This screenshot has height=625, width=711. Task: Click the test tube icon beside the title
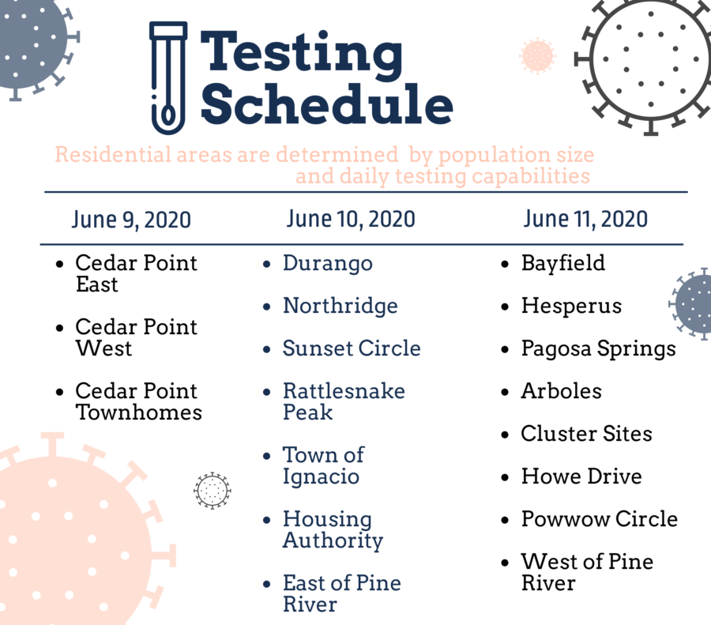click(x=168, y=77)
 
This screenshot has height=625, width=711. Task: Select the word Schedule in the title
click(x=327, y=104)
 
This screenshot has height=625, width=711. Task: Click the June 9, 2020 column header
click(x=131, y=220)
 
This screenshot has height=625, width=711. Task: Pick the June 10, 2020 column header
click(x=351, y=219)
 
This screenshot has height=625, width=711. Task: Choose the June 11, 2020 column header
click(x=585, y=219)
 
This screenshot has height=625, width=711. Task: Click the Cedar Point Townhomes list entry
click(x=139, y=401)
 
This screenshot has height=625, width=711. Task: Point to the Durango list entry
click(x=327, y=264)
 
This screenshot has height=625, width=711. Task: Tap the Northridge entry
click(x=340, y=306)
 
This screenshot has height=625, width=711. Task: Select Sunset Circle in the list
click(x=352, y=348)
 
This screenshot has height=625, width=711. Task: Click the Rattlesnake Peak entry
click(x=344, y=401)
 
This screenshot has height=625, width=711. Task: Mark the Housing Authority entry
click(x=333, y=529)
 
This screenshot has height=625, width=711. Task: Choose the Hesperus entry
click(x=571, y=306)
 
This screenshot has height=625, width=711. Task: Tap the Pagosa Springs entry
click(x=599, y=349)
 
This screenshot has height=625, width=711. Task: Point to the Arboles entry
click(x=562, y=391)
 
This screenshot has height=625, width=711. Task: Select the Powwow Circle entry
click(x=600, y=519)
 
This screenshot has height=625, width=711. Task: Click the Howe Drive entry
click(x=581, y=476)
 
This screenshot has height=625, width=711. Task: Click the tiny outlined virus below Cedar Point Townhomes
click(x=213, y=491)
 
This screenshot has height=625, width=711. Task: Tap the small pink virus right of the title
click(x=538, y=56)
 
